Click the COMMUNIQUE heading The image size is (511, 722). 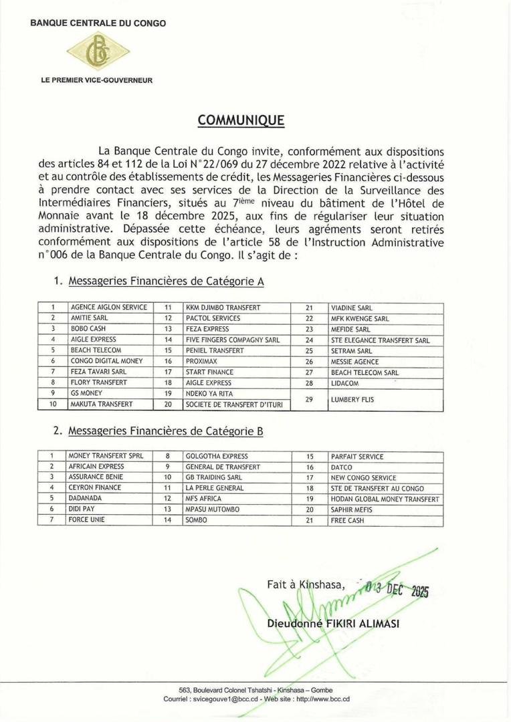point(241,120)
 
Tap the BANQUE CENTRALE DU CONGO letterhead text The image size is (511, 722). point(98,23)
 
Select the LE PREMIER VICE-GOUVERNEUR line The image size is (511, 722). point(97,80)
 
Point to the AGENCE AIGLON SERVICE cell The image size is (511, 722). point(108,308)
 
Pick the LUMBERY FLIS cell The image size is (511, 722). point(352,399)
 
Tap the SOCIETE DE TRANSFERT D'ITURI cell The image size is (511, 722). point(227,404)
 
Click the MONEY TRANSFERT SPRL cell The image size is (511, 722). point(106,456)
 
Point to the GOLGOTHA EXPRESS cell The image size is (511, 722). point(211,456)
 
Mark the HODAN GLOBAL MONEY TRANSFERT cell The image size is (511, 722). point(385,499)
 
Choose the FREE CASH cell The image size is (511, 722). point(348,520)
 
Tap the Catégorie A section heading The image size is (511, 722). point(166,282)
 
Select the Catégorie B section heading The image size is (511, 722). point(166,432)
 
